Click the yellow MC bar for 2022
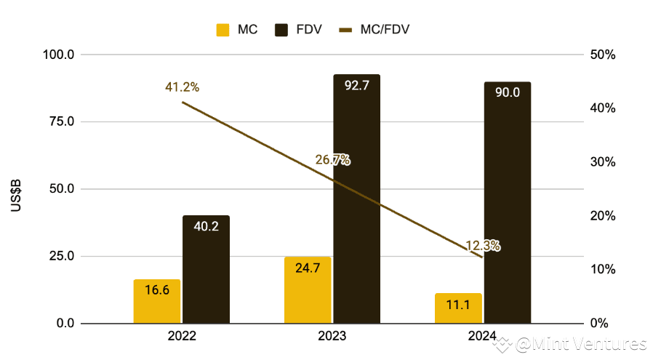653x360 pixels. pos(156,301)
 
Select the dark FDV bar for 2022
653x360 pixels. pos(206,269)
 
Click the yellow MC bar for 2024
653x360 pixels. pos(458,308)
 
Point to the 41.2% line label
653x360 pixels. pos(182,87)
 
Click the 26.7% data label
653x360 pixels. pos(332,159)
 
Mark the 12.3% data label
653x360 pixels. pos(482,246)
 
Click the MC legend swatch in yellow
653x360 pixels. pos(223,30)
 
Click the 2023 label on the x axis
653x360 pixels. pos(332,337)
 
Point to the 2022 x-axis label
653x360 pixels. pos(181,337)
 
